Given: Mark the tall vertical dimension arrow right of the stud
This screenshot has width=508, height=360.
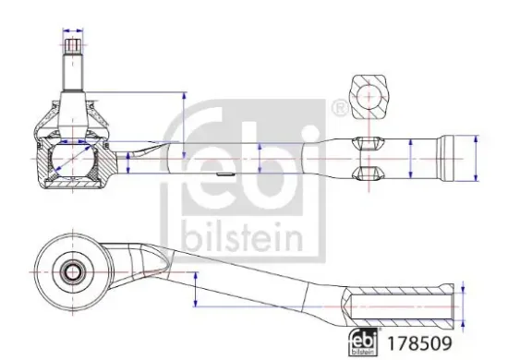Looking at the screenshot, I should (183, 125).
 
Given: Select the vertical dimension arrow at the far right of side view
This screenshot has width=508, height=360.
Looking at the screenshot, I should (476, 158).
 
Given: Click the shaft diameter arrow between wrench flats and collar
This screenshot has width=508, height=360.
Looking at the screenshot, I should (410, 158).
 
